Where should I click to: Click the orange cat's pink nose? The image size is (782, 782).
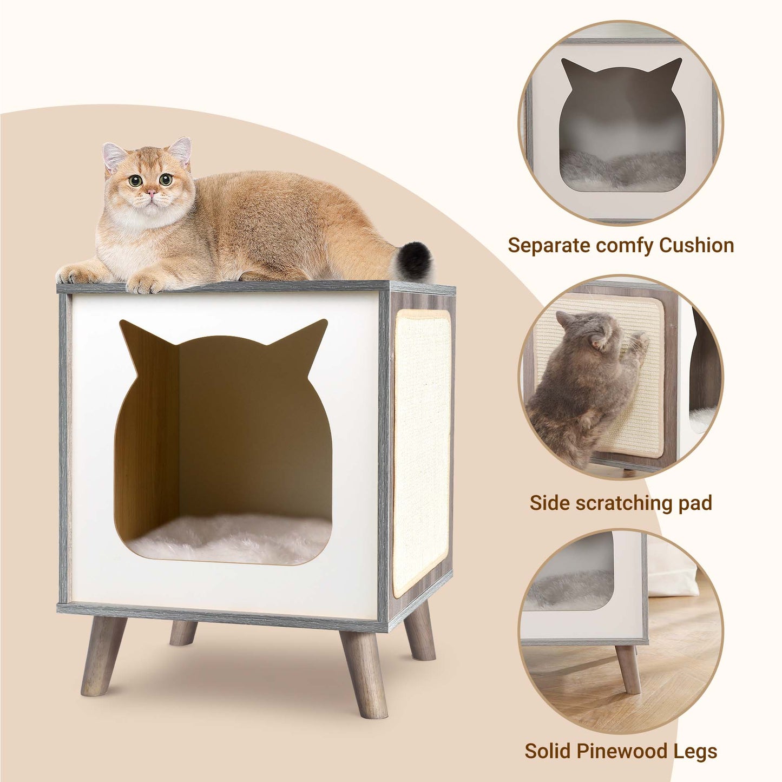click(x=151, y=192)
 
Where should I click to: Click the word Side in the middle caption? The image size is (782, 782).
click(x=550, y=502)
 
